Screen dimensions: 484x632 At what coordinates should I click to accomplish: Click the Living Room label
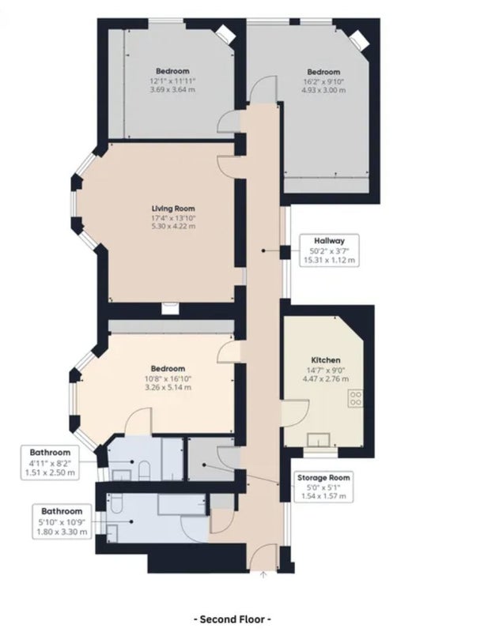(x=173, y=209)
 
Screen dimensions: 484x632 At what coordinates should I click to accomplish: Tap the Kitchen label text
(x=326, y=360)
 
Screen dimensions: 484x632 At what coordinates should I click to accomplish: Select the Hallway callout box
(x=330, y=250)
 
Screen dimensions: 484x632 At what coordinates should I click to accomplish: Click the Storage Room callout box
(x=323, y=487)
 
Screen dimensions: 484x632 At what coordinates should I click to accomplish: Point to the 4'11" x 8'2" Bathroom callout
(x=50, y=462)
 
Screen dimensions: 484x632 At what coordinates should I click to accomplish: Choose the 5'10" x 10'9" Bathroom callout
(x=62, y=521)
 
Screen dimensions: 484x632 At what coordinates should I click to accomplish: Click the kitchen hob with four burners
(x=355, y=398)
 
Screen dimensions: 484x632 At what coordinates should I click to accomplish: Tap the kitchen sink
(x=319, y=440)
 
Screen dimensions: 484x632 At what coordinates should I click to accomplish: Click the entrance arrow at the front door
(x=263, y=575)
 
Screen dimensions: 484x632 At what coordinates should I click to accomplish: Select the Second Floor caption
(x=233, y=619)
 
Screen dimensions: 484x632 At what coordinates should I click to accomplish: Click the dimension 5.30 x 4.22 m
(x=173, y=226)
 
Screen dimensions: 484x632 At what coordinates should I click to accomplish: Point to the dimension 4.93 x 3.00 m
(x=323, y=90)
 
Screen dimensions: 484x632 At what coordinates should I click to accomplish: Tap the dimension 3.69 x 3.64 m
(x=172, y=89)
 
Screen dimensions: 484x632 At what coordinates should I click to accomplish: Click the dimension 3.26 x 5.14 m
(x=168, y=387)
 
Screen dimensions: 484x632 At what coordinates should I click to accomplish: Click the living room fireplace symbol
(x=170, y=308)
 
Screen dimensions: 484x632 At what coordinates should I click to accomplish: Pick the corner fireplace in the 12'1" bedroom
(x=225, y=34)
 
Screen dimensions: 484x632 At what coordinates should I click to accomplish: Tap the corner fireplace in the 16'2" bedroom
(x=359, y=41)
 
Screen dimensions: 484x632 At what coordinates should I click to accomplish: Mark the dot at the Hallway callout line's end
(x=263, y=250)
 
